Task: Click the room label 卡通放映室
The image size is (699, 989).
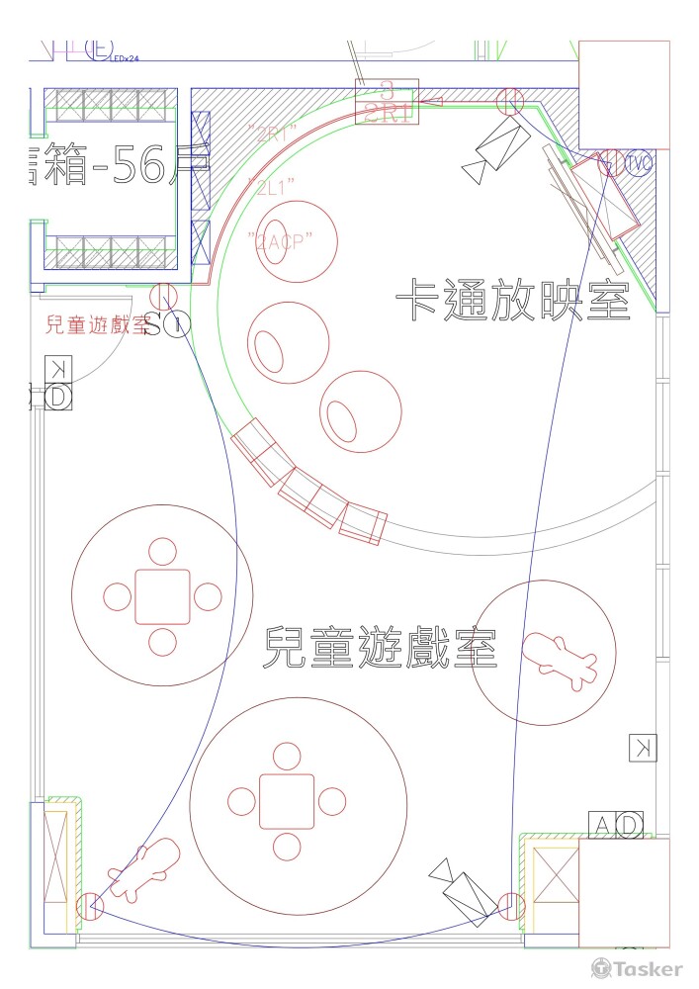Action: pyautogui.click(x=513, y=298)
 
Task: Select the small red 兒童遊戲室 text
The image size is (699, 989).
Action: pyautogui.click(x=96, y=324)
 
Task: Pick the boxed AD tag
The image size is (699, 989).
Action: pyautogui.click(x=617, y=824)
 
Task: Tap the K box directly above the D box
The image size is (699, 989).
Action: pyautogui.click(x=58, y=368)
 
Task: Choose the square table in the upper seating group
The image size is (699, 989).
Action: pyautogui.click(x=162, y=596)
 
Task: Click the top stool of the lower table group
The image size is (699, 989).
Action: pyautogui.click(x=287, y=759)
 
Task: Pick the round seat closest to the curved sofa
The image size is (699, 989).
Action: pyautogui.click(x=361, y=409)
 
